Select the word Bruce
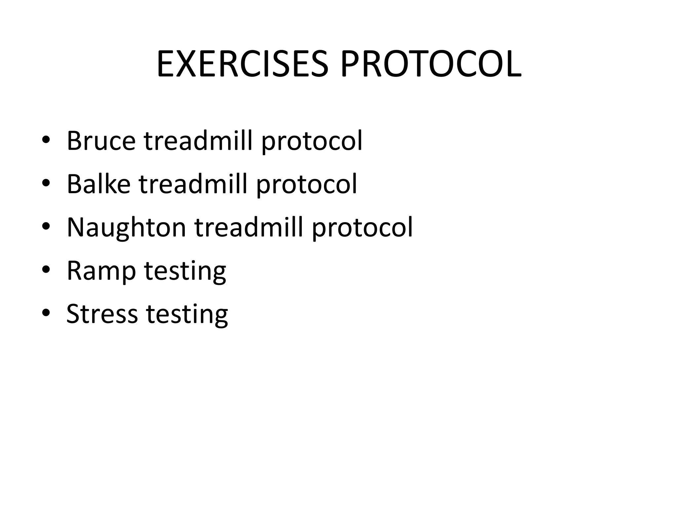(x=101, y=141)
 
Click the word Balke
(x=99, y=184)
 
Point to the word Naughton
(x=127, y=228)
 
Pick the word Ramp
(x=101, y=271)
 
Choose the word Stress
(x=102, y=314)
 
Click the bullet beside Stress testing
(x=46, y=313)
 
